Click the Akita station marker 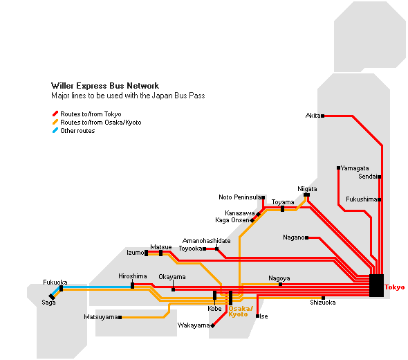coord(323,116)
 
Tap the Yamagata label coord(355,168)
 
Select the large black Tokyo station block coord(376,285)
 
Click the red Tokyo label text coord(395,287)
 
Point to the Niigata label coord(307,189)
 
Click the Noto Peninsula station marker coord(263,198)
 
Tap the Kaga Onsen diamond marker coord(252,220)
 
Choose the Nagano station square coord(307,238)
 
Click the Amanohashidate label coord(207,241)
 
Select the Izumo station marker coord(146,253)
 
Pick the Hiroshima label coord(133,276)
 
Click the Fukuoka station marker coord(61,289)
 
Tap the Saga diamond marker coord(52,297)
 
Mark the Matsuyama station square coord(120,317)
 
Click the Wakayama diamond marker coord(212,325)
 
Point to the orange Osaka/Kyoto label coord(241,312)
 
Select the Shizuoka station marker coord(323,298)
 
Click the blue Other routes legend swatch coord(55,130)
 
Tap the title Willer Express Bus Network coord(105,86)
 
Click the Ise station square coord(258,316)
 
